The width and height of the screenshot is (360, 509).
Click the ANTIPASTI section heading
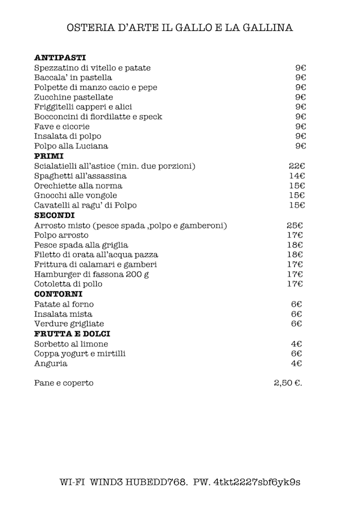pyautogui.click(x=60, y=57)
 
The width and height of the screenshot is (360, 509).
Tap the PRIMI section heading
pyautogui.click(x=49, y=156)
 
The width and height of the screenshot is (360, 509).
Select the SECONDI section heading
pyautogui.click(x=55, y=215)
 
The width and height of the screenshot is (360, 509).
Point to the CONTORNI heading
pyautogui.click(x=58, y=294)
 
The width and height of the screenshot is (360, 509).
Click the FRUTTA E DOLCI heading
pyautogui.click(x=71, y=334)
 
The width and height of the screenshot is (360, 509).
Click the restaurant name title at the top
pyautogui.click(x=180, y=28)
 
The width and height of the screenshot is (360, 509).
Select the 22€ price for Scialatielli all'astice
pyautogui.click(x=296, y=166)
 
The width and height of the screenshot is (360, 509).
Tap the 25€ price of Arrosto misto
pyautogui.click(x=295, y=226)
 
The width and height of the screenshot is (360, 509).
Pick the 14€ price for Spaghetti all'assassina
pyautogui.click(x=296, y=176)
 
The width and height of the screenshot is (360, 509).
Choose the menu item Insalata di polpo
pyautogui.click(x=68, y=136)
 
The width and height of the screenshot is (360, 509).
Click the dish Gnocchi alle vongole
pyautogui.click(x=75, y=196)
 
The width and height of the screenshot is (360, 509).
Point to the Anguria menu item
pyautogui.click(x=51, y=364)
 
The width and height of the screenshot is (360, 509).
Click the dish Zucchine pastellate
pyautogui.click(x=73, y=97)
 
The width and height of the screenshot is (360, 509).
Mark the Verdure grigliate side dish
pyautogui.click(x=69, y=324)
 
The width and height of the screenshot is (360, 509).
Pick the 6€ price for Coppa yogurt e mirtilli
pyautogui.click(x=296, y=354)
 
